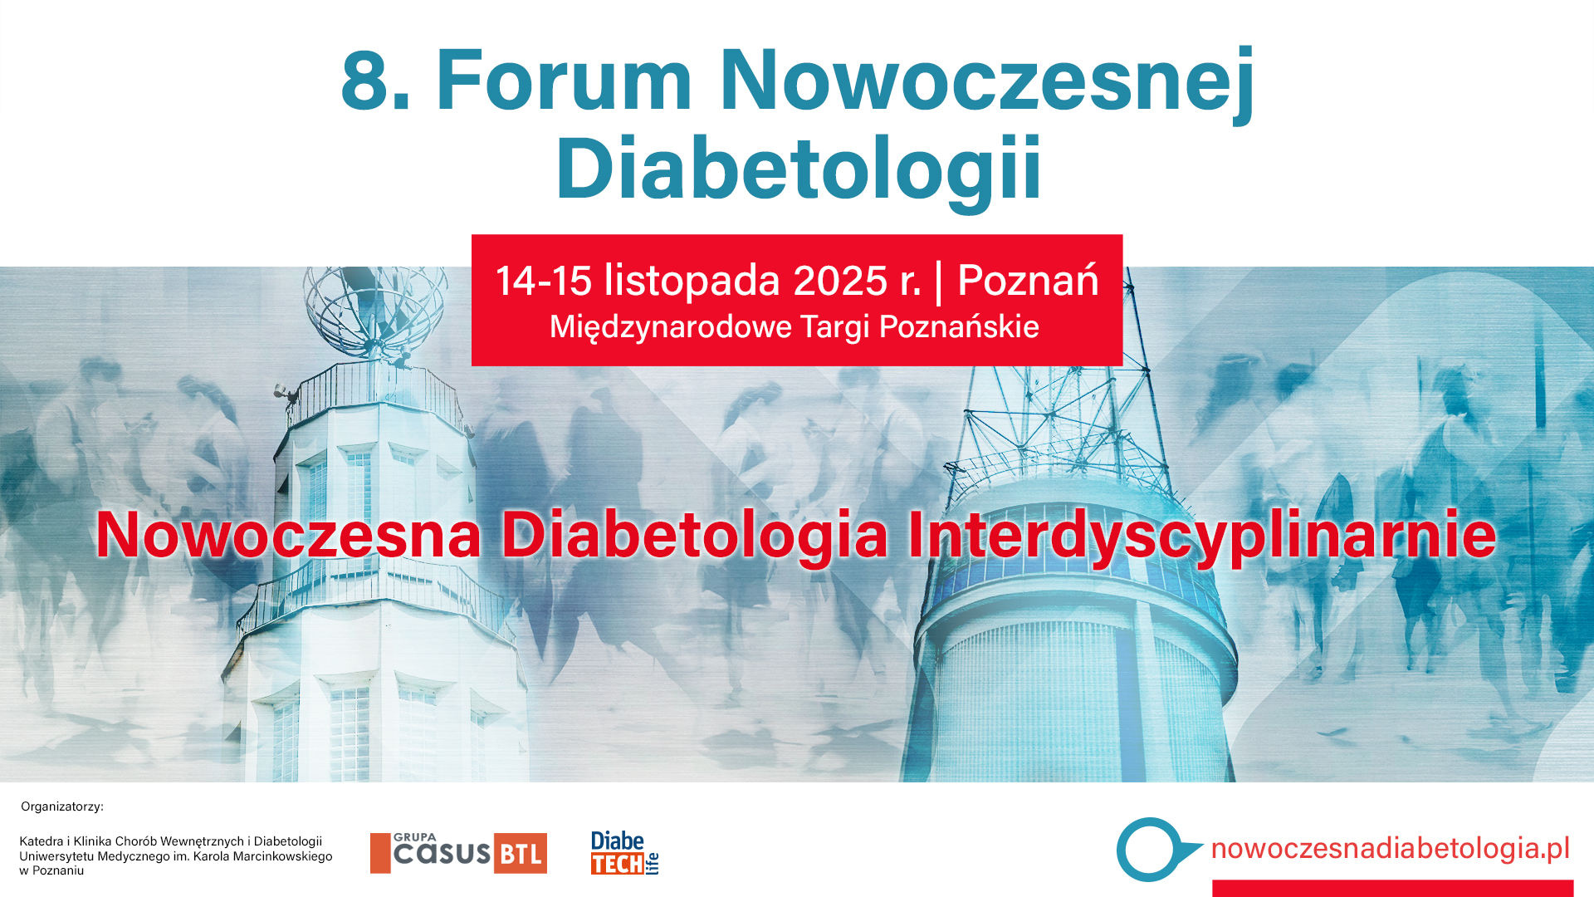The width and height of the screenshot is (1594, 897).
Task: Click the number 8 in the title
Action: pos(365,81)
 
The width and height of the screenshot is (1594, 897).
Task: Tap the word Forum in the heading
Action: pos(564,81)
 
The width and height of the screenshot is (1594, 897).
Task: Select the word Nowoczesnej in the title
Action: pos(986,81)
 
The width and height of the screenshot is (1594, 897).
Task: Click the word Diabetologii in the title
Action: pos(798,169)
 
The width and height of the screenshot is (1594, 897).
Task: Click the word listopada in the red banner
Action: pos(692,281)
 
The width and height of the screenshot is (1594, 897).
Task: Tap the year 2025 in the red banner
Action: pos(840,281)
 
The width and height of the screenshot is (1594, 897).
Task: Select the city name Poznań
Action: pos(1028,281)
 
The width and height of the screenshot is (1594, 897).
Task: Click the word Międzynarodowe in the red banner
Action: pos(670,327)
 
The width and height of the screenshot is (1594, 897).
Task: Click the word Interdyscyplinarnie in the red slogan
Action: pos(1201,535)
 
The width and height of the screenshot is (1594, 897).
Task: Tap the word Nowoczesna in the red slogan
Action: pos(288,535)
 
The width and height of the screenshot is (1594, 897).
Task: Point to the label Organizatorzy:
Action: pos(62,806)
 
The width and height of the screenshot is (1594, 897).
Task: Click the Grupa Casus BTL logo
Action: pos(458,853)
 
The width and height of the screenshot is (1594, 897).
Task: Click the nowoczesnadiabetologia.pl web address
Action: pos(1390,848)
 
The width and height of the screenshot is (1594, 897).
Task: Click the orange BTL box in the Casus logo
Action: pos(521,854)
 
